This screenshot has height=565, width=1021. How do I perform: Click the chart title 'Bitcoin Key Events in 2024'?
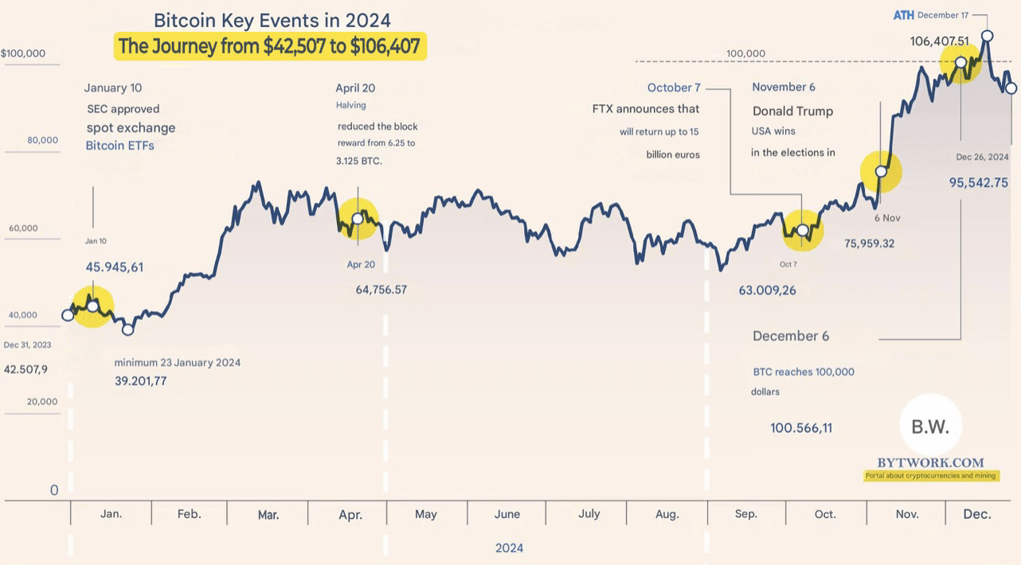272,20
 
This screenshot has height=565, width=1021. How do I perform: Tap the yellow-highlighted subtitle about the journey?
269,47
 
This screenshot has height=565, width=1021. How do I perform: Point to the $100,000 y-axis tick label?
23,53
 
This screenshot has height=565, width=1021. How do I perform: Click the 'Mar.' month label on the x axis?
268,515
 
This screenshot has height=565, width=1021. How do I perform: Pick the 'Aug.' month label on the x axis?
667,514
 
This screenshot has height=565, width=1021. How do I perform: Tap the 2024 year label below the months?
509,547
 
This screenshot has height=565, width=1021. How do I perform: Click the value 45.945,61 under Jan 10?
115,267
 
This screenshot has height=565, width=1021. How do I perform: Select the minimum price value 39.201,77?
141,380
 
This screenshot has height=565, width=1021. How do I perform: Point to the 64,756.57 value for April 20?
381,290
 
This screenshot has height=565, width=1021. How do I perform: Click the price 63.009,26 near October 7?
767,290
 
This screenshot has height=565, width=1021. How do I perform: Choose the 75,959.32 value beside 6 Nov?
869,244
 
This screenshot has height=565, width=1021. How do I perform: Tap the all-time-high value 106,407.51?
950,41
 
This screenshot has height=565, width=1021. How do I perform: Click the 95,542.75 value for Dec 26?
978,182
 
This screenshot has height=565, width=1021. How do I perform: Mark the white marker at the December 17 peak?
987,36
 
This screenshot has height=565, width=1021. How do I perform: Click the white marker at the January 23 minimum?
127,329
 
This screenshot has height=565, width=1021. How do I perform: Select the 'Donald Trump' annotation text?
792,111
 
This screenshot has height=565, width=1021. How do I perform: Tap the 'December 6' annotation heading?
790,336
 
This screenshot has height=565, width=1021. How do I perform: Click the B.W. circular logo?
929,427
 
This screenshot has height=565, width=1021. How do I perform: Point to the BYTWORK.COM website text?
930,462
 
